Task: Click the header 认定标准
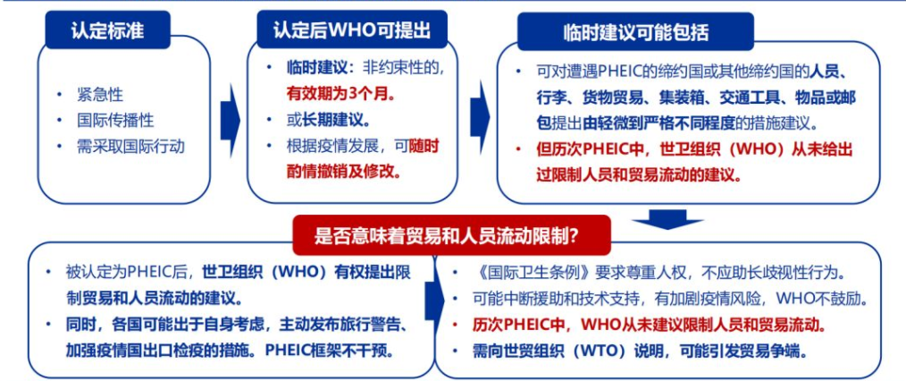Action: pyautogui.click(x=107, y=30)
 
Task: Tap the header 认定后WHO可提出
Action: pyautogui.click(x=352, y=30)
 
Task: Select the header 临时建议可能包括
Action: pyautogui.click(x=636, y=32)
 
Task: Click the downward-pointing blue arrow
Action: pyautogui.click(x=667, y=218)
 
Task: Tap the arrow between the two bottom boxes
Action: pyautogui.click(x=434, y=301)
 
